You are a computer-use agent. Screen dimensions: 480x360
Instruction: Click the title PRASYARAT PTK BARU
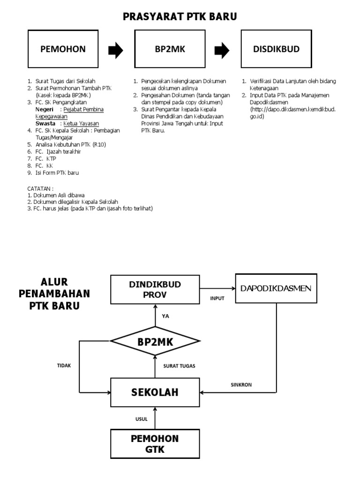coord(180,17)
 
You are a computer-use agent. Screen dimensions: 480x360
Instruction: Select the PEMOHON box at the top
coord(63,49)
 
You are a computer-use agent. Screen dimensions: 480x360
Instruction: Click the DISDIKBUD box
coord(277,49)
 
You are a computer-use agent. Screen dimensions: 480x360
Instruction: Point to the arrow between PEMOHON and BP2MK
coord(115,50)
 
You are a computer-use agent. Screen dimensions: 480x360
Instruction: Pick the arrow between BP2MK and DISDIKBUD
coord(222,50)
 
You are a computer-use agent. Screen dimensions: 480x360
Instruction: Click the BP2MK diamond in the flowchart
coord(155,342)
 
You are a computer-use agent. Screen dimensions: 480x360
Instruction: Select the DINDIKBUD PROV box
coord(155,289)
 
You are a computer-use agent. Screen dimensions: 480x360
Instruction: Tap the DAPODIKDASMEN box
coord(276,288)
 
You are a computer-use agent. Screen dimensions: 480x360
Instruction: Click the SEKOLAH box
coord(155,392)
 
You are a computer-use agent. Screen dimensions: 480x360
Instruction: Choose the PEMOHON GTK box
coord(155,444)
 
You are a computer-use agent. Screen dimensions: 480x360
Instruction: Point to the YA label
coord(165,316)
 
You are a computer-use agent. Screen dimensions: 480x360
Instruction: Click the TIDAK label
coord(64,366)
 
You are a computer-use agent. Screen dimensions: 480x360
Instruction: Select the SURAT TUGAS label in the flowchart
coord(179,366)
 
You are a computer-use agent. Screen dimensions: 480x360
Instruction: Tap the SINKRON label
coord(241,385)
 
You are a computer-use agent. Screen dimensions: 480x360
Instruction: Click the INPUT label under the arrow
coord(217,299)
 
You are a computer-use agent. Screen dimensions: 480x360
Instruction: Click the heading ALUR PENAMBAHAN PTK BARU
coord(54,294)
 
